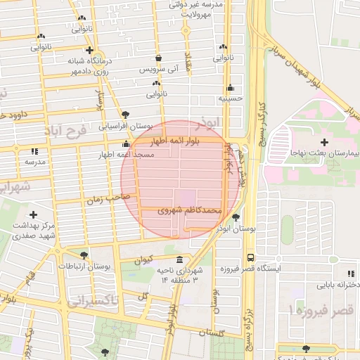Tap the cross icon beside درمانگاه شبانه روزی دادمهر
pos(89,51)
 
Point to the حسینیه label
pos(230,98)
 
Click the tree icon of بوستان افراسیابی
pos(125,115)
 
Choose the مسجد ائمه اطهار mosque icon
pos(126,143)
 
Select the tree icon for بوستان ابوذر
pos(236,217)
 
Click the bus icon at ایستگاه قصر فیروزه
pos(250,257)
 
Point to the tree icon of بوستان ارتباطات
pos(84,255)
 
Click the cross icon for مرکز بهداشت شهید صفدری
pos(33,214)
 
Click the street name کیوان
pos(143,260)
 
